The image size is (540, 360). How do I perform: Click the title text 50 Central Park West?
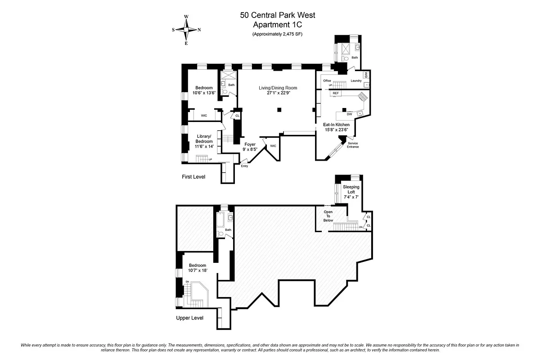pyautogui.click(x=277, y=15)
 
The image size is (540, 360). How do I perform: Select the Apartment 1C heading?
pyautogui.click(x=277, y=25)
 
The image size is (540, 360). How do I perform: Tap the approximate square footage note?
pyautogui.click(x=277, y=35)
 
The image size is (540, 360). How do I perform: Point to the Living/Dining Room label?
pyautogui.click(x=278, y=88)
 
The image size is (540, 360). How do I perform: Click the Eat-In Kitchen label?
pyautogui.click(x=336, y=124)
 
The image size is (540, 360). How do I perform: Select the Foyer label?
pyautogui.click(x=250, y=144)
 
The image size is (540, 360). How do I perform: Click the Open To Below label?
pyautogui.click(x=328, y=216)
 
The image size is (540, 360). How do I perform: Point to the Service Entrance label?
pyautogui.click(x=353, y=145)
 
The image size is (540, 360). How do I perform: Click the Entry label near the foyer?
pyautogui.click(x=244, y=166)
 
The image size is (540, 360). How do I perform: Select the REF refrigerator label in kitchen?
pyautogui.click(x=335, y=93)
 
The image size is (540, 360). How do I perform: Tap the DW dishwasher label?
pyautogui.click(x=349, y=114)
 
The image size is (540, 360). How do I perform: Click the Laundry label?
pyautogui.click(x=356, y=81)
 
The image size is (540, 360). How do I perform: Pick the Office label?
pyautogui.click(x=327, y=81)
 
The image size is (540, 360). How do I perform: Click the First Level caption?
pyautogui.click(x=193, y=177)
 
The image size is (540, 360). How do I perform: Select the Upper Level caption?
pyautogui.click(x=190, y=318)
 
